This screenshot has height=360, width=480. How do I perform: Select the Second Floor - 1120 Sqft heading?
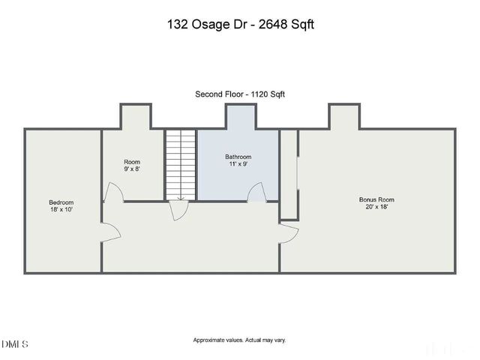coord(240,94)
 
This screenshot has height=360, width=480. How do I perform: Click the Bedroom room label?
coord(61,202)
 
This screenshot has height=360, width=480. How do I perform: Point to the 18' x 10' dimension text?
coord(61,210)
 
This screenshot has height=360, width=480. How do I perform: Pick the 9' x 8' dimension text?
coord(132,169)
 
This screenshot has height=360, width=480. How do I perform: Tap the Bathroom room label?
coord(238,157)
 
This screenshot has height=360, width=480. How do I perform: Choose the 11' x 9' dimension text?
coord(238,164)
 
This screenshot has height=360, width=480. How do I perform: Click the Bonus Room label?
coord(376,199)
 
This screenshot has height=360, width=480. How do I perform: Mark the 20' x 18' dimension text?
coord(376,207)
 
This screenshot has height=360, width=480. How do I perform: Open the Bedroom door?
coord(109,231)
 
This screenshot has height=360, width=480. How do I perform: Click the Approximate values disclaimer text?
coord(240,340)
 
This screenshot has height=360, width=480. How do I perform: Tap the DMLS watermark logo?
coord(15,344)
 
